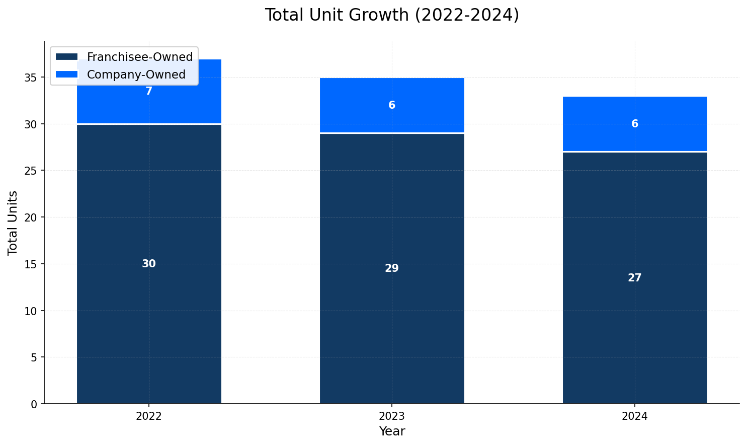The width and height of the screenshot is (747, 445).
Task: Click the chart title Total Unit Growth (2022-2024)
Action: [x=392, y=15]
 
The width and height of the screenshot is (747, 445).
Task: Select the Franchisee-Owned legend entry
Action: [x=139, y=57]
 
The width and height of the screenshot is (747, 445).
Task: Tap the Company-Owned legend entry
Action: [x=136, y=75]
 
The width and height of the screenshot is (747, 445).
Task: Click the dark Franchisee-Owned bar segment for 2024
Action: [x=635, y=327]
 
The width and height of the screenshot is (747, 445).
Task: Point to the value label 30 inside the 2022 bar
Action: [x=149, y=264]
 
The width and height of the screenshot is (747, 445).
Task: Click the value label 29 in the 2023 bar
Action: [x=392, y=268]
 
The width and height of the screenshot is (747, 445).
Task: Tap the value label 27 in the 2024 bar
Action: [x=635, y=278]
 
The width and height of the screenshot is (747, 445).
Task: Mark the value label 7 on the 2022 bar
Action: [x=149, y=91]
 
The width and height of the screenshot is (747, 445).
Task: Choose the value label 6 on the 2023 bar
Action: [x=392, y=105]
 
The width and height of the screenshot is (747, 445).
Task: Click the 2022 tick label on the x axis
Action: [x=149, y=416]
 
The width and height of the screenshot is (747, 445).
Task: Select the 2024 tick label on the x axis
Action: [x=635, y=416]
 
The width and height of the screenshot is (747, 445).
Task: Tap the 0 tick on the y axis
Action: [x=34, y=404]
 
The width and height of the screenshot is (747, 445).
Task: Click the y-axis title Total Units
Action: [x=13, y=222]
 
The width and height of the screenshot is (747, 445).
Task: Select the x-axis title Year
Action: [x=392, y=431]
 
